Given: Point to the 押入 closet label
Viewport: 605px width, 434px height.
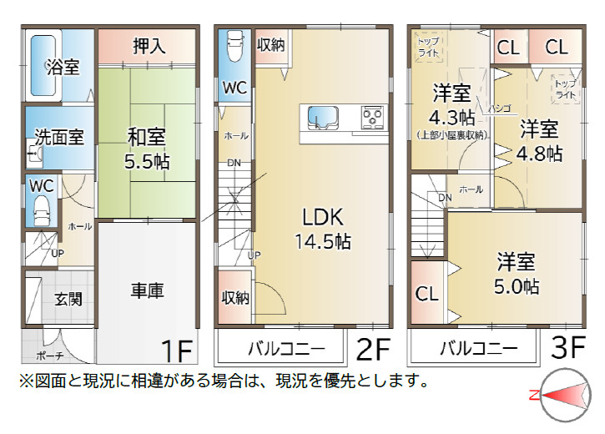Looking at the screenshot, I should click(x=149, y=46).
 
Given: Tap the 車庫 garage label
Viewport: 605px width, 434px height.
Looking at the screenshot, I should click(x=147, y=290).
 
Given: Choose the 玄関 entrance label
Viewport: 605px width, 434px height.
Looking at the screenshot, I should click(x=68, y=299).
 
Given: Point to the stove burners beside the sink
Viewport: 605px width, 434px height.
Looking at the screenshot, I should click(x=371, y=118).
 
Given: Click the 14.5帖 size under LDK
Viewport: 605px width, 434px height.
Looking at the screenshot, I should click(x=322, y=242).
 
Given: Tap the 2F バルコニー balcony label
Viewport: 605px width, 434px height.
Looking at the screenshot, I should click(x=281, y=347).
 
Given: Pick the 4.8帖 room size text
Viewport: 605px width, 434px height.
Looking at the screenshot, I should click(x=538, y=154).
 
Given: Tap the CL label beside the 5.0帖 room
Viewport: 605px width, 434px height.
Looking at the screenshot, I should click(x=427, y=294).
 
